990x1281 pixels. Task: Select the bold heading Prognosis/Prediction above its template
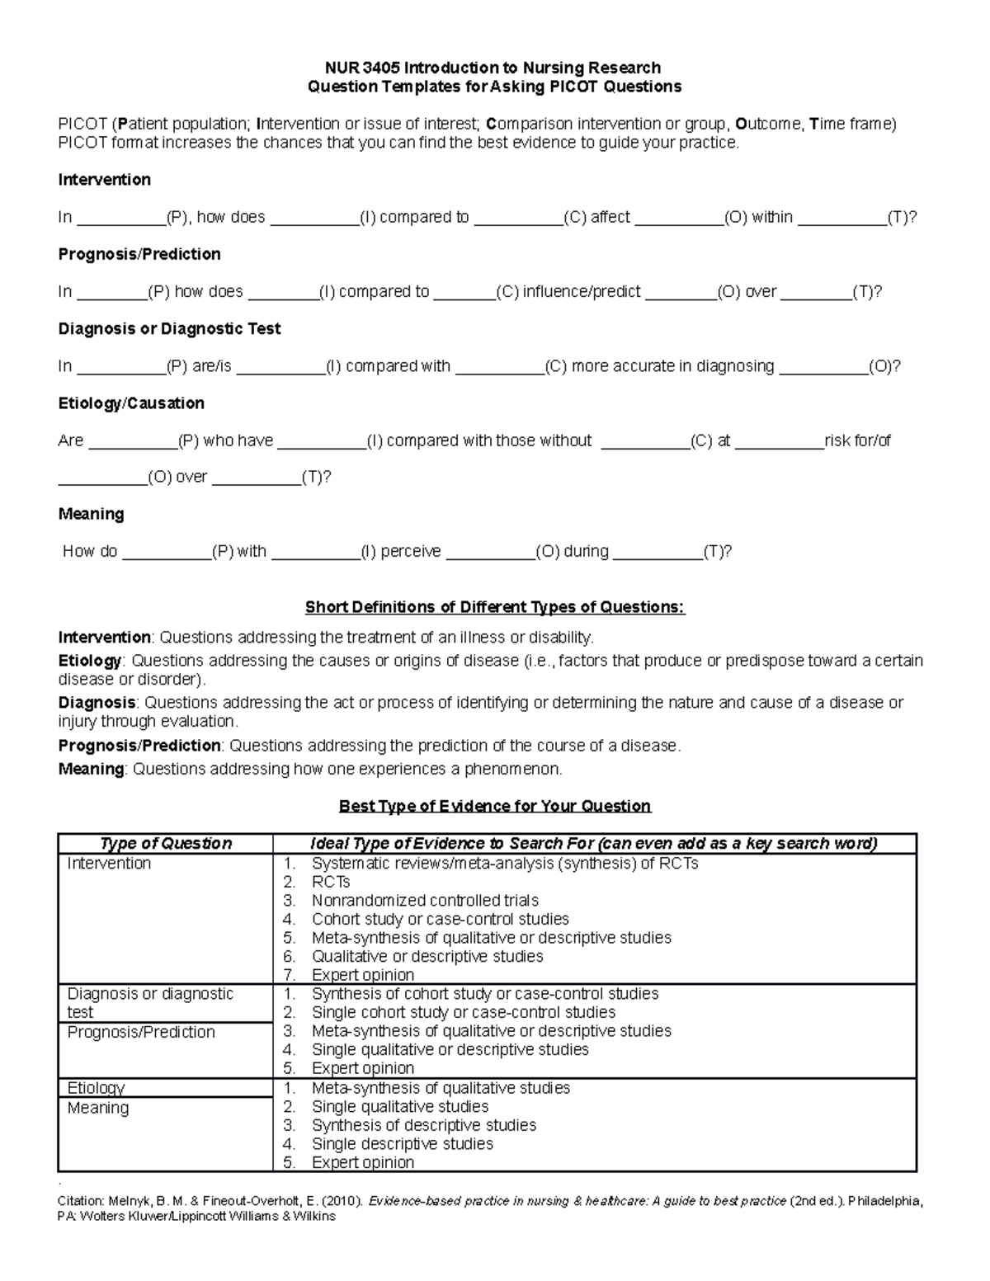click(x=139, y=254)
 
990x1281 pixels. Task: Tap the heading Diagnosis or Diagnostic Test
click(x=169, y=328)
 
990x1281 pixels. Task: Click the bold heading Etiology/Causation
click(x=131, y=403)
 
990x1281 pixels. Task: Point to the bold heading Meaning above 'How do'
click(x=91, y=514)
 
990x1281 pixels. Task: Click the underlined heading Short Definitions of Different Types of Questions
click(x=495, y=607)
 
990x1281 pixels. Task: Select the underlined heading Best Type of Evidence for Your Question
click(x=495, y=806)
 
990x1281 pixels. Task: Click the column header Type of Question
click(x=166, y=843)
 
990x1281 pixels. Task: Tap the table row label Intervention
click(x=109, y=864)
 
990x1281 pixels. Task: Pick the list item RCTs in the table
click(x=331, y=882)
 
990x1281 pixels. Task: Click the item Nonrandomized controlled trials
click(x=425, y=901)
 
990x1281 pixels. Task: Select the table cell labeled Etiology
click(x=96, y=1088)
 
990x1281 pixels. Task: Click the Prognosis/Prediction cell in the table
click(x=141, y=1032)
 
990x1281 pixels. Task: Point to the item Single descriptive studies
click(x=402, y=1144)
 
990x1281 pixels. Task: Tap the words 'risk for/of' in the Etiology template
click(x=857, y=440)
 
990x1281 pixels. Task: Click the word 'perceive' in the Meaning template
click(x=411, y=551)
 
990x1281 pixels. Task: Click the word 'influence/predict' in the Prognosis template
click(x=582, y=291)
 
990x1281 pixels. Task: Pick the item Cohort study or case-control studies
click(x=440, y=919)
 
